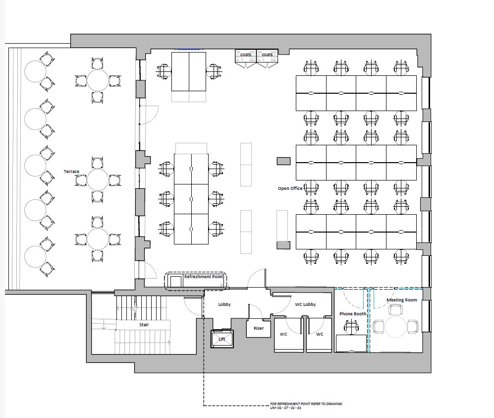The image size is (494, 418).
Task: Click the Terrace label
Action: pyautogui.click(x=71, y=172)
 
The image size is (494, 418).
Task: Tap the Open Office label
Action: pyautogui.click(x=290, y=188)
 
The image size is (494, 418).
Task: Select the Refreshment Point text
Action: pyautogui.click(x=204, y=277)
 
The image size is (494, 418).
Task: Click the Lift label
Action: pyautogui.click(x=222, y=339)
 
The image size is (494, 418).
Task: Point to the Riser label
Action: pyautogui.click(x=259, y=328)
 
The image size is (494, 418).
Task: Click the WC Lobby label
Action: pyautogui.click(x=305, y=304)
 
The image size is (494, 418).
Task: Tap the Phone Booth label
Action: pyautogui.click(x=353, y=314)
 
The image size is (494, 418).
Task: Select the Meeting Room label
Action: pyautogui.click(x=402, y=300)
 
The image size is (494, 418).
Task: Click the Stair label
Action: pyautogui.click(x=144, y=325)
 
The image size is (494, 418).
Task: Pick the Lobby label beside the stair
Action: pyautogui.click(x=224, y=304)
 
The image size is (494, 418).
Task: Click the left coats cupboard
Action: pyautogui.click(x=246, y=59)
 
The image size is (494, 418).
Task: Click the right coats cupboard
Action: pyautogui.click(x=267, y=59)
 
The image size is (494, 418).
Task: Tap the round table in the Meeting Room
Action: pyautogui.click(x=396, y=327)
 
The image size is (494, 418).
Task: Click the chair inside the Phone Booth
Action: pyautogui.click(x=351, y=327)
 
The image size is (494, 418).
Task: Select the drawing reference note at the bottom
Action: pyautogui.click(x=306, y=406)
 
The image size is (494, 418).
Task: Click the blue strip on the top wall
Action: pyautogui.click(x=189, y=49)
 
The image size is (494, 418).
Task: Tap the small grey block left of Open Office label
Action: pyautogui.click(x=283, y=161)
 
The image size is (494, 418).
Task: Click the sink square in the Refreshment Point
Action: pyautogui.click(x=176, y=281)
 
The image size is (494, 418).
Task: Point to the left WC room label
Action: pyautogui.click(x=283, y=334)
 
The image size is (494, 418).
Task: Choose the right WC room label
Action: pyautogui.click(x=320, y=334)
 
